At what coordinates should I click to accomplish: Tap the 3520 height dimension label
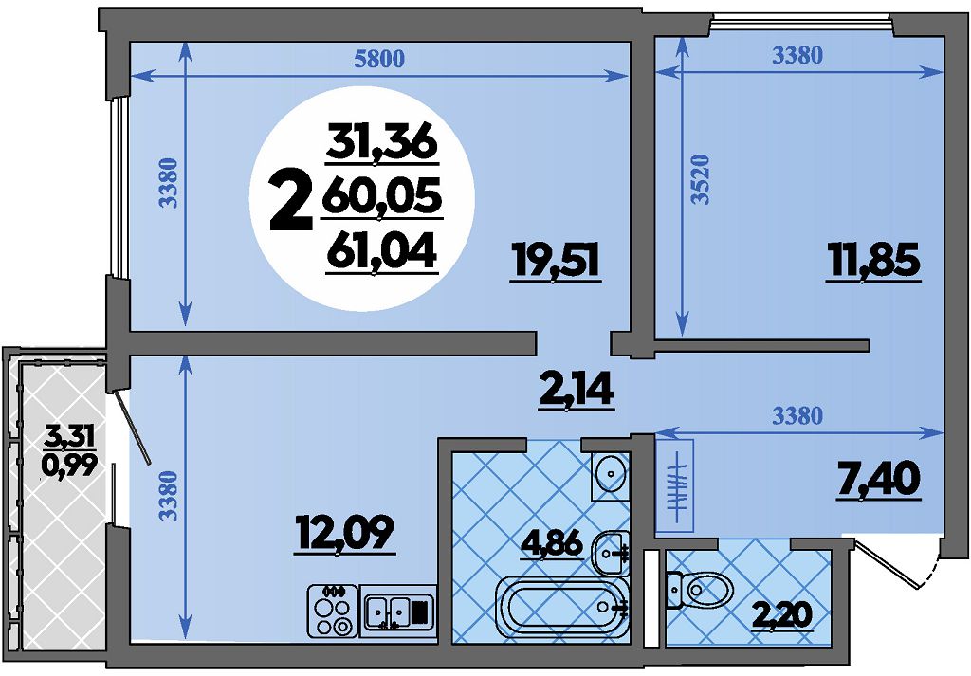(x=700, y=179)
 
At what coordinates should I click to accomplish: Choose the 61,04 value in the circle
(x=382, y=252)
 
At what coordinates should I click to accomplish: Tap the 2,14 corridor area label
(x=577, y=392)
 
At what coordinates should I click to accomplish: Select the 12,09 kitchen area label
(x=344, y=534)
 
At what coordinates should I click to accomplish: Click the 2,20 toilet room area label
(x=781, y=615)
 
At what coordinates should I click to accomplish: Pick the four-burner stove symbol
(x=333, y=610)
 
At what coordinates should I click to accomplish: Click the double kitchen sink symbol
(x=398, y=611)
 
